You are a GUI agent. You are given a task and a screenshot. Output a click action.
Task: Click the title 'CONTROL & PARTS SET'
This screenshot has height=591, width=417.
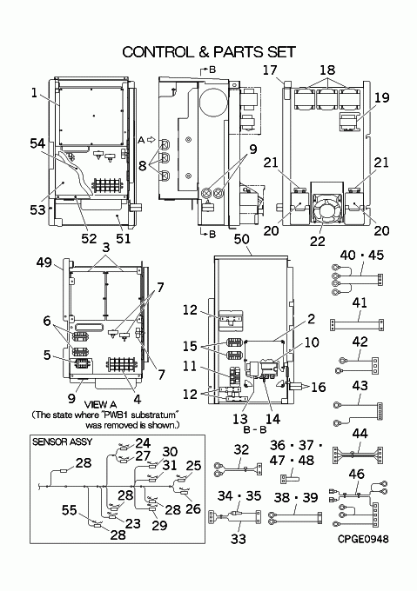[x=209, y=52]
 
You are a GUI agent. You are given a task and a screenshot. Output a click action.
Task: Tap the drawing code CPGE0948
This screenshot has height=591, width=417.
[x=363, y=539]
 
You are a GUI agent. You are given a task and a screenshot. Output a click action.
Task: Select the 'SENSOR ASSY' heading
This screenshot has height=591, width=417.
[x=63, y=442]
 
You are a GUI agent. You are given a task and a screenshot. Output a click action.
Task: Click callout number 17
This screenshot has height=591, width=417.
[x=270, y=70]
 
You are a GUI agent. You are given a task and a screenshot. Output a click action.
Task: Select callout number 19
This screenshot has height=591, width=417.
[x=382, y=97]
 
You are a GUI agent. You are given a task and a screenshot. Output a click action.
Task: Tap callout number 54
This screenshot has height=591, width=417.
[x=37, y=143]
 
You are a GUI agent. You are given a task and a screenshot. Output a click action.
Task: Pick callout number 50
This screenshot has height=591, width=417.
[x=241, y=239]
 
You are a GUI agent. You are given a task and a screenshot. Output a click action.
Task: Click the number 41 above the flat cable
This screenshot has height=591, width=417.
[x=360, y=302]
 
